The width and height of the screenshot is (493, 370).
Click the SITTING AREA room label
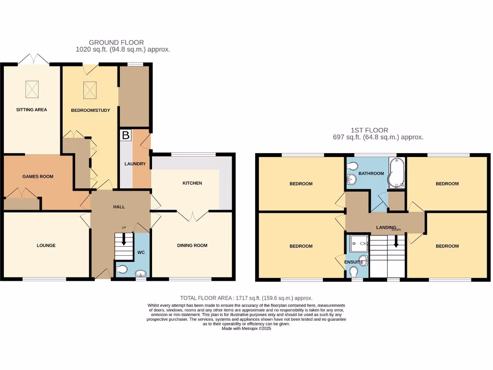coord(31,110)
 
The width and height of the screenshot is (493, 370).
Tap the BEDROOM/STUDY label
coord(91,110)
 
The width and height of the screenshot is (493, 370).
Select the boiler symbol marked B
coord(125,135)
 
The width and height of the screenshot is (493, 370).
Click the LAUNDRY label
coord(135,164)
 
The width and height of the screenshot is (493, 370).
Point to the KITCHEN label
coord(192,183)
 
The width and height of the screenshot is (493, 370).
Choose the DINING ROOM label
coord(192,245)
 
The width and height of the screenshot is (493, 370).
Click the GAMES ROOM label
coord(38,176)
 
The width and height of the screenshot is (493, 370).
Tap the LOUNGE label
coord(46,245)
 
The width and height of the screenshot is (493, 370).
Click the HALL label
coord(119,207)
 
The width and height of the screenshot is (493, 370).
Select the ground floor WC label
coord(141,252)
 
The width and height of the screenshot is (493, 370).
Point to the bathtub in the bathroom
coord(397,173)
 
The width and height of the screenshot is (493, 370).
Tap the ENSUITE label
coord(354,262)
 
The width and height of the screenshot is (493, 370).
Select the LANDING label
coord(386,227)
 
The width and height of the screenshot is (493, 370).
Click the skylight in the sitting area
coord(32,88)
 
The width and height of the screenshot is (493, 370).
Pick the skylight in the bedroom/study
coord(90,89)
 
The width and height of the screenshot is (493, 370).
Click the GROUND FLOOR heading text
coord(116,42)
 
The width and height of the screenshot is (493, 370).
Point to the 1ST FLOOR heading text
coord(369,130)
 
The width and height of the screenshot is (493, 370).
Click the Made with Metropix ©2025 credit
coord(246,329)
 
